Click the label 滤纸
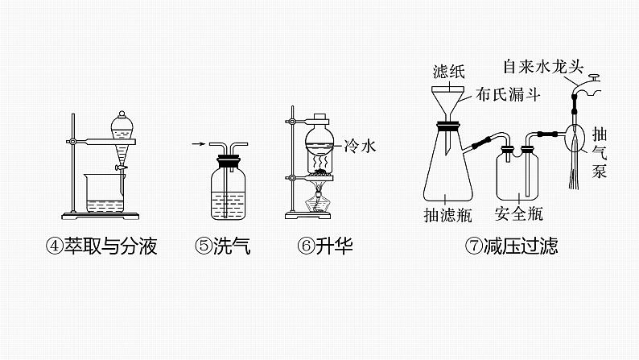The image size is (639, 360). (x=448, y=71)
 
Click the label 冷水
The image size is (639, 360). (x=359, y=146)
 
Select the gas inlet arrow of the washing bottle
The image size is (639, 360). (x=196, y=145)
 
